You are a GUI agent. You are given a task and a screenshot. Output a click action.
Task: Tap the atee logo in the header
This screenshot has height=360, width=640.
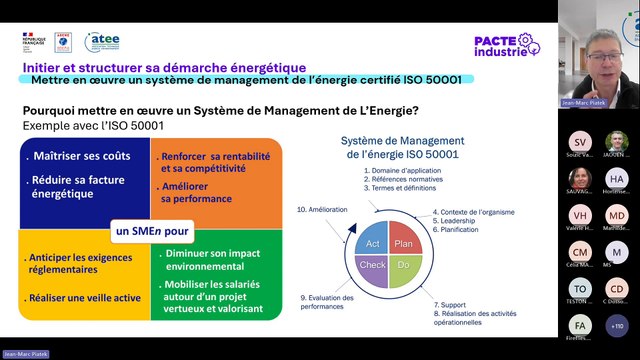pyautogui.click(x=102, y=41)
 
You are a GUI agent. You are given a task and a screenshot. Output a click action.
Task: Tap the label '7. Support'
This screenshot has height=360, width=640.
pyautogui.click(x=452, y=303)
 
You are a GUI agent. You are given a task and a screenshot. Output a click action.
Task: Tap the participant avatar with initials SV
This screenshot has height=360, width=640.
pyautogui.click(x=581, y=142)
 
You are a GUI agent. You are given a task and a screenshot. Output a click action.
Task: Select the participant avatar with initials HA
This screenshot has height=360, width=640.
pyautogui.click(x=617, y=178)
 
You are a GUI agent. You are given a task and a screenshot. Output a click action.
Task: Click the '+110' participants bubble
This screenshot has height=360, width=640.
pyautogui.click(x=617, y=325)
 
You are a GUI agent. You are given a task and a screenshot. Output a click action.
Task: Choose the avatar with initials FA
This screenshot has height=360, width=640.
pyautogui.click(x=581, y=325)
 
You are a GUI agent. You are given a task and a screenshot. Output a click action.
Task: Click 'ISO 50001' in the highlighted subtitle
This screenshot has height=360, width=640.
pyautogui.click(x=429, y=79)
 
